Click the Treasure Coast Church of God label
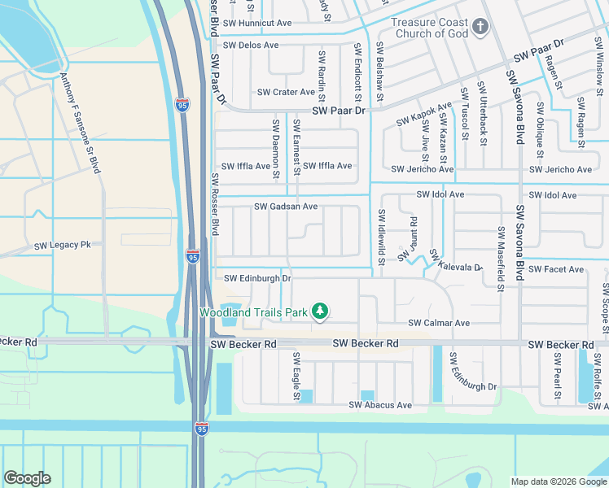[x=429, y=28]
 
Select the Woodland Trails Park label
[x=254, y=312]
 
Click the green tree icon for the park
[x=321, y=311]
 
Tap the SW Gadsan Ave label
[x=286, y=207]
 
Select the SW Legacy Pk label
[x=62, y=246]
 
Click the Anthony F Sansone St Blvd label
[x=81, y=122]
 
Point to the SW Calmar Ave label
[x=439, y=323]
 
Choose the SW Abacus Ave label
[x=380, y=405]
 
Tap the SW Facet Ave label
[x=556, y=269]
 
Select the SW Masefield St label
[x=501, y=255]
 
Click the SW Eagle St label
[x=296, y=377]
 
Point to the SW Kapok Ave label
[x=424, y=114]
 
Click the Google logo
[x=27, y=478]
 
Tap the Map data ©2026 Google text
[x=559, y=481]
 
